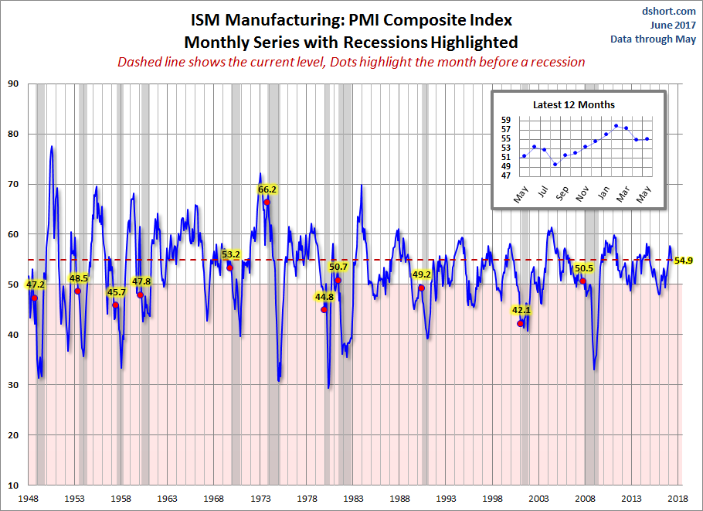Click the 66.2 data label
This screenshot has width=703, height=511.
pyautogui.click(x=267, y=189)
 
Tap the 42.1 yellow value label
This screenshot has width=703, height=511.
pyautogui.click(x=521, y=310)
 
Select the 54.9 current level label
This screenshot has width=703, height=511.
pyautogui.click(x=683, y=261)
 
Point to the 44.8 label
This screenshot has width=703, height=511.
pyautogui.click(x=324, y=296)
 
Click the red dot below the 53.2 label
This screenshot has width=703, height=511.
pyautogui.click(x=229, y=267)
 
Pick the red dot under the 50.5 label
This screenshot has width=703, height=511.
pyautogui.click(x=582, y=281)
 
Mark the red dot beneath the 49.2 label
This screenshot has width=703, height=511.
pyautogui.click(x=421, y=288)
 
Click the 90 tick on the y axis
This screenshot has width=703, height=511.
pyautogui.click(x=13, y=83)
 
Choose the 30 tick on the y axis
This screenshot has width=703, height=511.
pyautogui.click(x=13, y=384)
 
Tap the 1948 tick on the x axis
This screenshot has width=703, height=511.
pyautogui.click(x=29, y=499)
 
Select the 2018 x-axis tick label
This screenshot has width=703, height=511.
pyautogui.click(x=679, y=499)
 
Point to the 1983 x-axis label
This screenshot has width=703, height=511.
pyautogui.click(x=354, y=499)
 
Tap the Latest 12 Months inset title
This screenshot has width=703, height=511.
pyautogui.click(x=574, y=104)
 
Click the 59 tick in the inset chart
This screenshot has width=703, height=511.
pyautogui.click(x=506, y=120)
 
